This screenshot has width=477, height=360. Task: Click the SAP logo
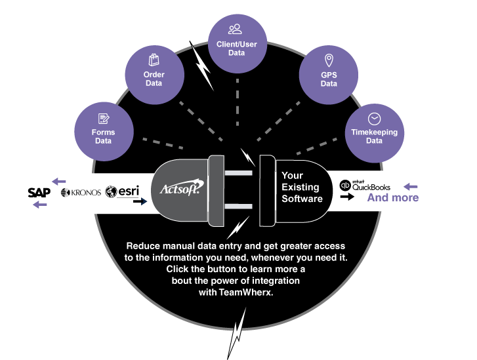tap(39, 192)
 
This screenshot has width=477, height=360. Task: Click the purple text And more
tap(392, 197)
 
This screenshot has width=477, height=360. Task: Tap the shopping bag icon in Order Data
tap(154, 60)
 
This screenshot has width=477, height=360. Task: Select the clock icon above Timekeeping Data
tap(374, 119)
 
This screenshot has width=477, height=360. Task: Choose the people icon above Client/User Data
tap(235, 29)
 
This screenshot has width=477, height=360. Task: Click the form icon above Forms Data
tap(103, 119)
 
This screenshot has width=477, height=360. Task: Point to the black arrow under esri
tap(139, 202)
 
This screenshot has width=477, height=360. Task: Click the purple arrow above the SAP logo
tap(59, 181)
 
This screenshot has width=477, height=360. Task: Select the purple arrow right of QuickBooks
tap(411, 186)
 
